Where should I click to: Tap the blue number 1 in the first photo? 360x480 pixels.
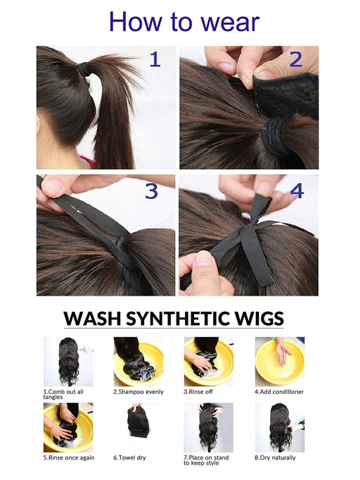pos(154,60)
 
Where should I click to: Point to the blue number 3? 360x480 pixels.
pos(151,191)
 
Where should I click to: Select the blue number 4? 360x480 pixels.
pos(297,190)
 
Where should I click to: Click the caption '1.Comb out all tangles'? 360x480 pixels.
pos(67,395)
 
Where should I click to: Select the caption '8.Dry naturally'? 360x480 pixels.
pos(275,458)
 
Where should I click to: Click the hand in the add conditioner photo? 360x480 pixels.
pos(283,353)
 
